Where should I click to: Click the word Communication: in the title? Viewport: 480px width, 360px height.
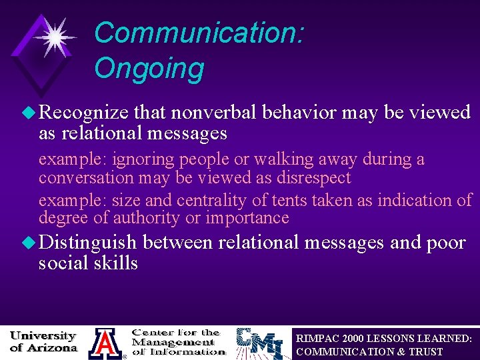[199, 32]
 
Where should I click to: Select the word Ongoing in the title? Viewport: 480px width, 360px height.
[149, 68]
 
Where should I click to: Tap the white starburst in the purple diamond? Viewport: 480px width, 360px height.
[53, 36]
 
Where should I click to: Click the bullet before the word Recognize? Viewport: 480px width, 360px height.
[30, 113]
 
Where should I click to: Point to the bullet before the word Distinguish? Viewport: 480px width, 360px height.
[30, 243]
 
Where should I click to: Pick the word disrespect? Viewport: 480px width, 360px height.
[309, 178]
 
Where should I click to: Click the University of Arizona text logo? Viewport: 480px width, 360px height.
[43, 341]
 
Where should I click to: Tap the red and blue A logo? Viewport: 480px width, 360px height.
[105, 343]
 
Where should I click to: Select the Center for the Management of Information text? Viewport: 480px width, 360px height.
[178, 341]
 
